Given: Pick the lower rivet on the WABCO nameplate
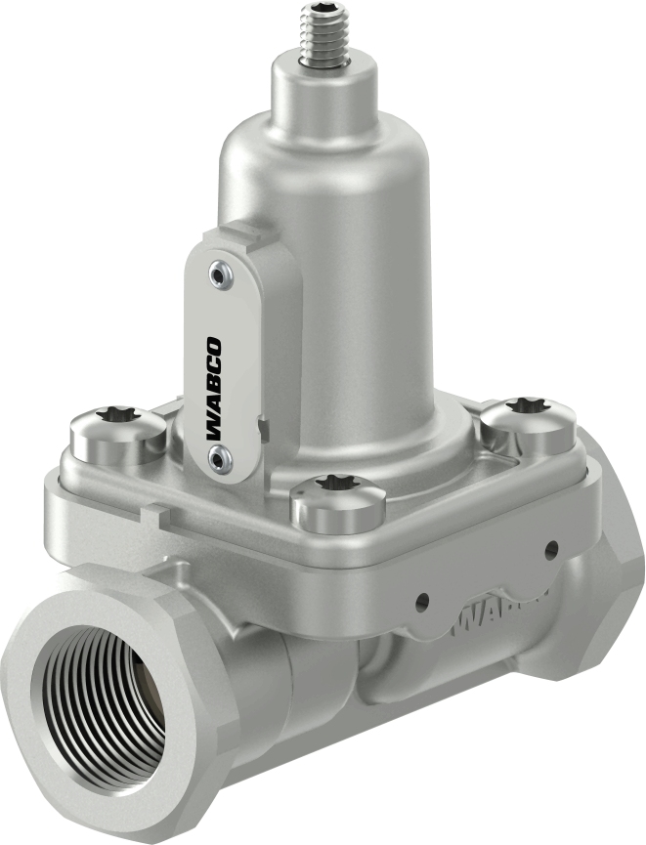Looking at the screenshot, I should pyautogui.click(x=213, y=454).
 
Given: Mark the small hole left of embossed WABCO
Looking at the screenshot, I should pyautogui.click(x=422, y=599).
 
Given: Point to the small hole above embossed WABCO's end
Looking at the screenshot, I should pyautogui.click(x=551, y=548).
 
